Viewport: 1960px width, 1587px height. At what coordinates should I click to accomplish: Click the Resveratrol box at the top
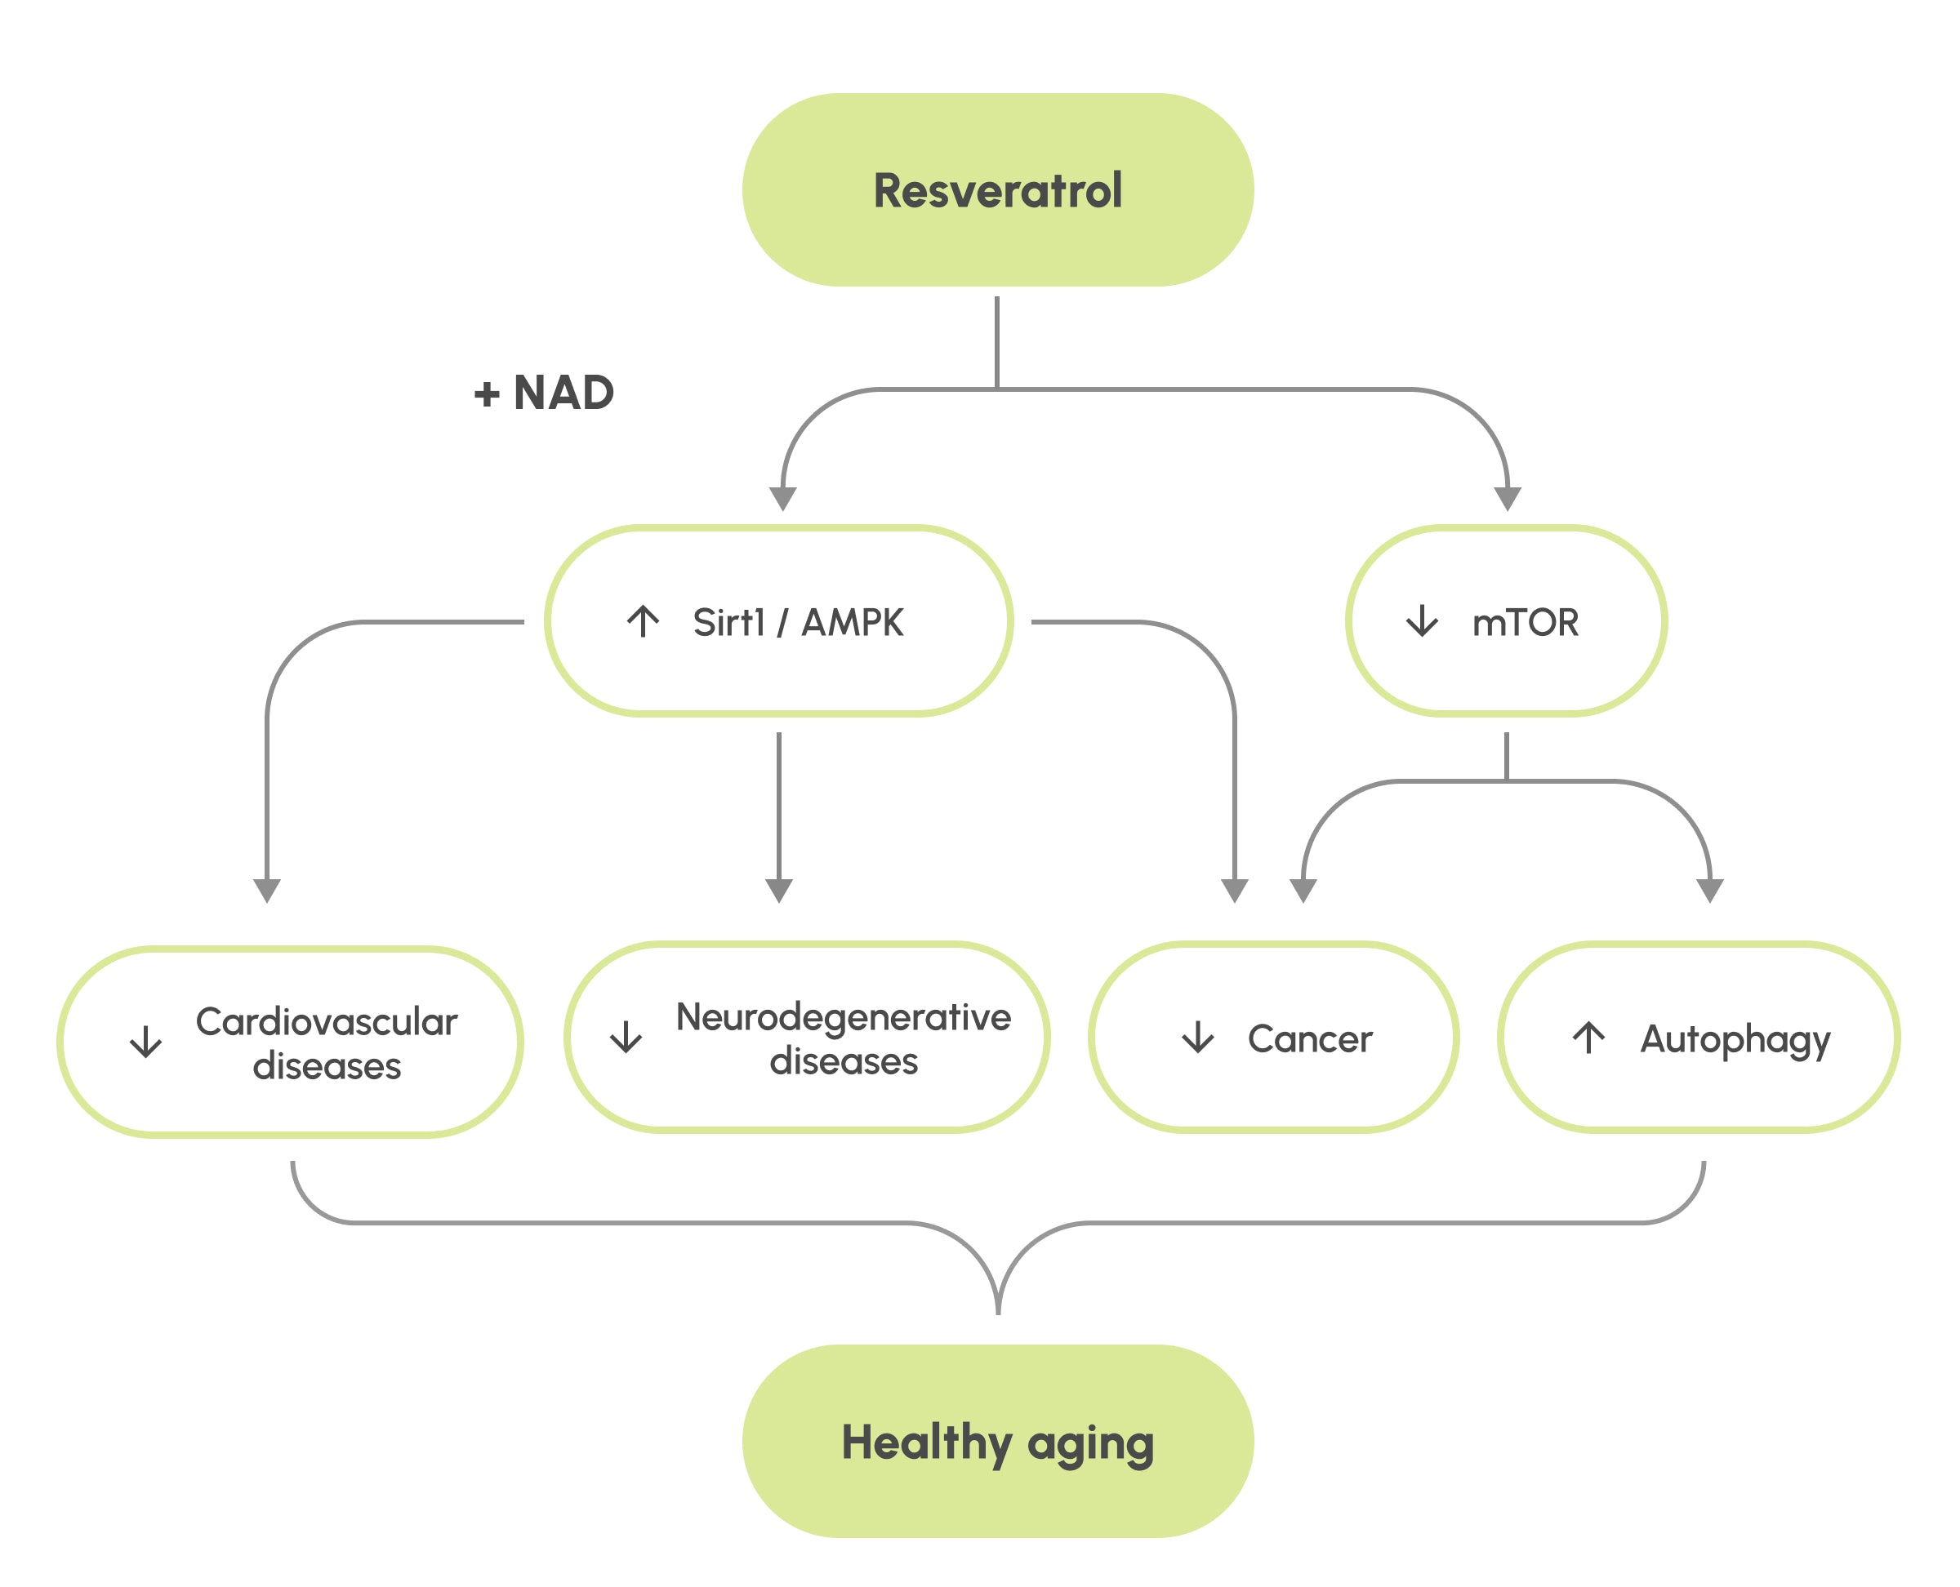tap(997, 190)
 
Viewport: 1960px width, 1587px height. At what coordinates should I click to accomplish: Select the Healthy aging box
tap(997, 1442)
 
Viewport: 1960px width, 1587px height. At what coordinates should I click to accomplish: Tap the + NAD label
tap(544, 393)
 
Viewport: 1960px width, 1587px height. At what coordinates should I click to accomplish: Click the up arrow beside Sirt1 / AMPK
tap(643, 620)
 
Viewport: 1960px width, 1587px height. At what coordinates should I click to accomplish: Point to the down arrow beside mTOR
tap(1422, 620)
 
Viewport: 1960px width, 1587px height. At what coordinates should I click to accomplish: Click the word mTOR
tap(1526, 623)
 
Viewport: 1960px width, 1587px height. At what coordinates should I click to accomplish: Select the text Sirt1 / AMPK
tap(798, 623)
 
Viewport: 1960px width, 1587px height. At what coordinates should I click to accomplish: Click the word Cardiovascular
tap(327, 1021)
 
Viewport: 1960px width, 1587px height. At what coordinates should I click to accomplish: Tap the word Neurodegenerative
tap(844, 1016)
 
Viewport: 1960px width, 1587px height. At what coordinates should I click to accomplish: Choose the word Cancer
tap(1310, 1038)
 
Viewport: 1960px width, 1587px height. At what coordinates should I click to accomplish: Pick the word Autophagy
tap(1735, 1039)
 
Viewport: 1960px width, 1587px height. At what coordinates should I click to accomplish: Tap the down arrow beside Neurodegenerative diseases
tap(626, 1037)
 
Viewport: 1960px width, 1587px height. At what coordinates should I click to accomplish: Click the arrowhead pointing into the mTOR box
tap(1508, 499)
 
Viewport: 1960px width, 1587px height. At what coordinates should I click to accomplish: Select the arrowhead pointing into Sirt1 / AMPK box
tap(783, 499)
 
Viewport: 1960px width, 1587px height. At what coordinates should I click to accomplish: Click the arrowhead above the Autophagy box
tap(1709, 891)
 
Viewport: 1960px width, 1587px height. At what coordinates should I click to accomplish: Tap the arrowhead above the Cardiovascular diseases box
tap(267, 891)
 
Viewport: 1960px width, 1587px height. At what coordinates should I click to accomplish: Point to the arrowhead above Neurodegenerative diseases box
tap(778, 891)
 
